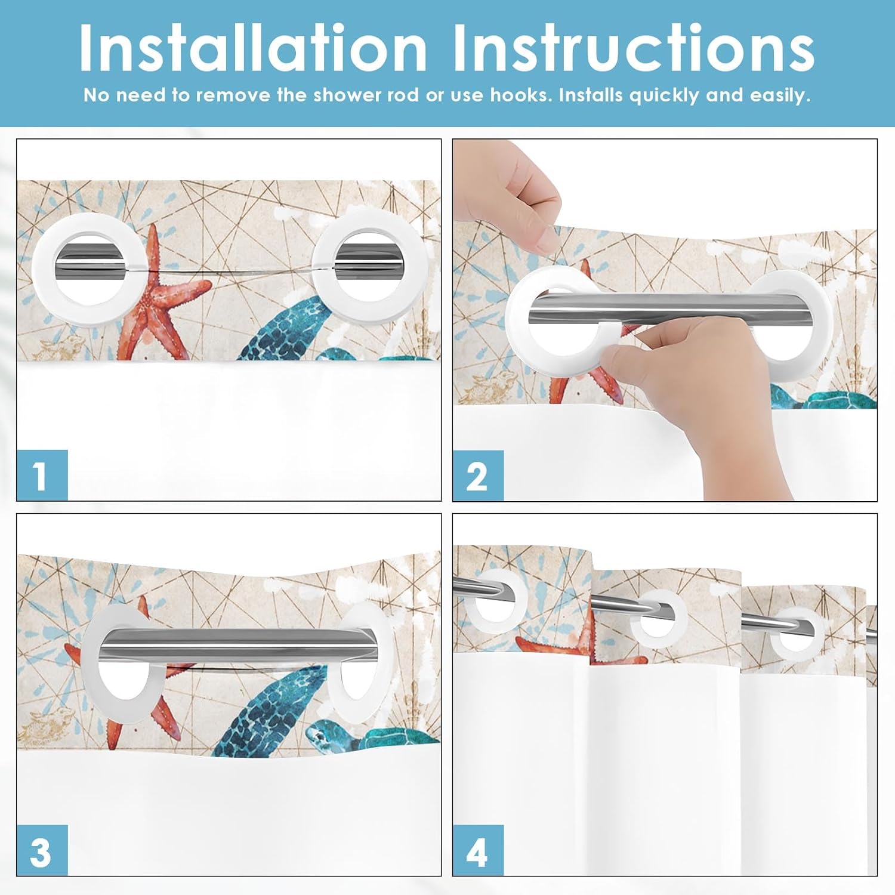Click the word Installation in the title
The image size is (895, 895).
253,48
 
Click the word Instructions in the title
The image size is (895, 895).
634,48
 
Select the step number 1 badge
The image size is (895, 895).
42,476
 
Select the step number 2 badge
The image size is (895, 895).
477,476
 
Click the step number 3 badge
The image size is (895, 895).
42,850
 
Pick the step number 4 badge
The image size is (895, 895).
477,850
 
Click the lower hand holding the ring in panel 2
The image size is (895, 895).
698,382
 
